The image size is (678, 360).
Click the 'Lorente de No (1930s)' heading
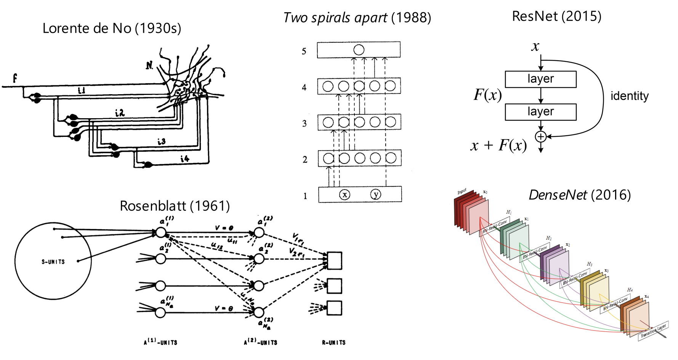[x=112, y=28]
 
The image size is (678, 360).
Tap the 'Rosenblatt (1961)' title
[x=175, y=206]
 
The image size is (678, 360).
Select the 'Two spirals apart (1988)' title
[x=357, y=18]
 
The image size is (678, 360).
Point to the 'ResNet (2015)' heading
[x=556, y=16]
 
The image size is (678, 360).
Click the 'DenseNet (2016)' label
[x=579, y=195]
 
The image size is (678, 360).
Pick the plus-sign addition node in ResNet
[x=540, y=137]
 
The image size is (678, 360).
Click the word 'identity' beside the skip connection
[x=629, y=96]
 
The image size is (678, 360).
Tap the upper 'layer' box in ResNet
[x=540, y=79]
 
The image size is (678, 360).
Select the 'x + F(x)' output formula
[x=498, y=145]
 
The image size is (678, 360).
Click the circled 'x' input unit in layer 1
[x=345, y=194]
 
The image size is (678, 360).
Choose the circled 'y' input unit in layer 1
[x=376, y=194]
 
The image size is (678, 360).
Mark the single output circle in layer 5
[x=359, y=50]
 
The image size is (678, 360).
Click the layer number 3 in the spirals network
[x=304, y=124]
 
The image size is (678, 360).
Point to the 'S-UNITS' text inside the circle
[x=53, y=262]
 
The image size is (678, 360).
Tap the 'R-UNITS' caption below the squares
[x=333, y=342]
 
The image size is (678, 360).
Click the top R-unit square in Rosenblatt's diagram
[x=334, y=260]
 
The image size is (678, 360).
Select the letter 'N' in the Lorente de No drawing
[x=149, y=66]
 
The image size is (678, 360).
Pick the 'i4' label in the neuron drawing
[x=185, y=158]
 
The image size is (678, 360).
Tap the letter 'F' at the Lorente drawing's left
[x=15, y=78]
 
